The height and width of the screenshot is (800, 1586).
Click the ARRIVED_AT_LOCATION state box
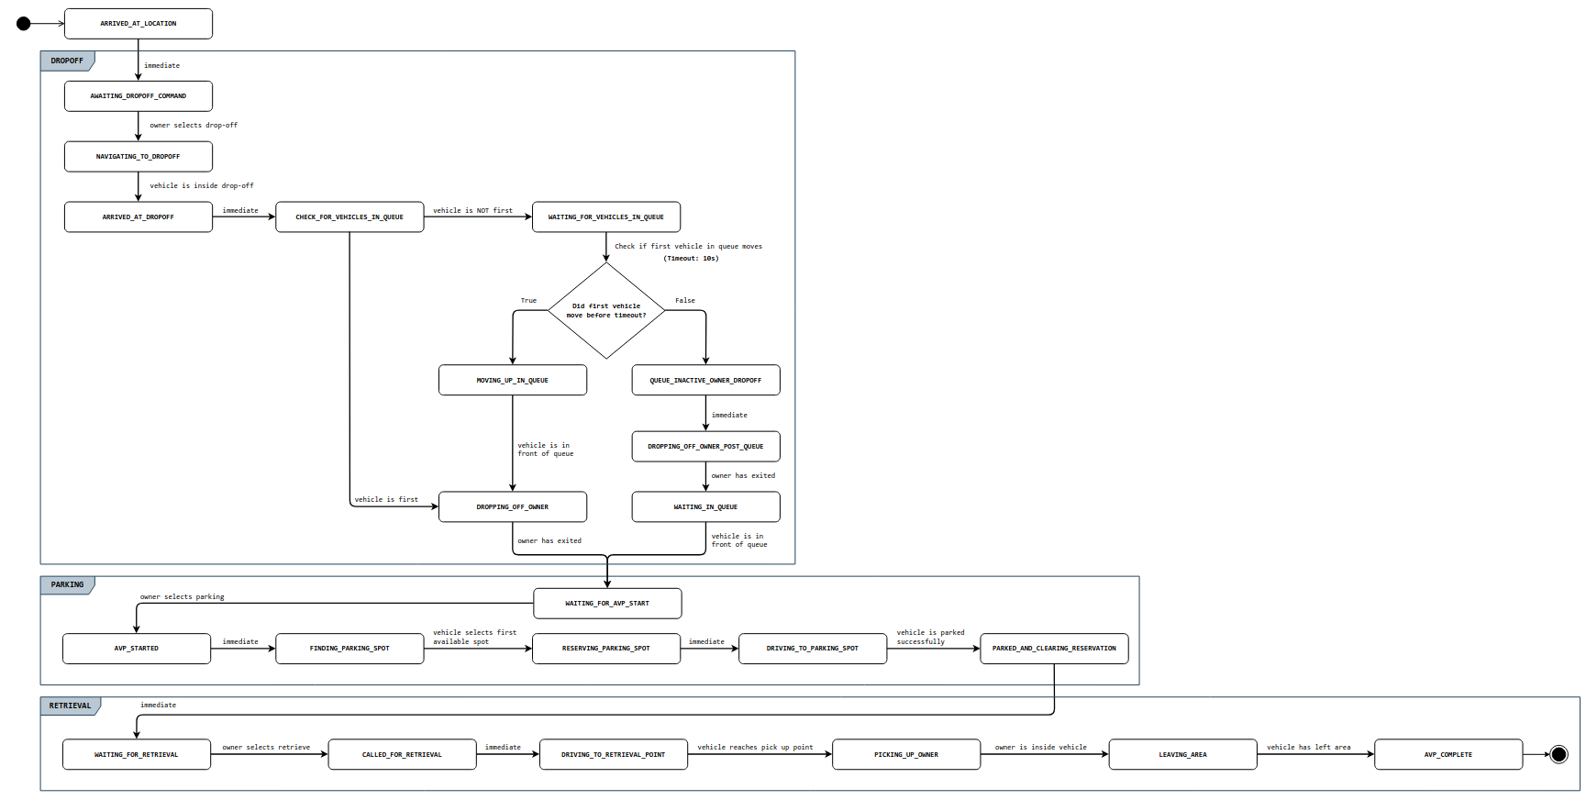point(138,24)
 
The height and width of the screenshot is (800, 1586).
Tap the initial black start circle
point(24,24)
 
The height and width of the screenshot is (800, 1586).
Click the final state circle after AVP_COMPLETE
point(1558,754)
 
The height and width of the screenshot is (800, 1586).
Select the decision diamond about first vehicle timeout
point(606,311)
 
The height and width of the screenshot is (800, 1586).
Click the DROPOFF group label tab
point(67,61)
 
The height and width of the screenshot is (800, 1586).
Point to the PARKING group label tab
point(67,584)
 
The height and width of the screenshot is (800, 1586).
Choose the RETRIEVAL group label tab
point(70,706)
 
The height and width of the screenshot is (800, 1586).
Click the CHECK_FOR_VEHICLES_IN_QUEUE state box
point(349,217)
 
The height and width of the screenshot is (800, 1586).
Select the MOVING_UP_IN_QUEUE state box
point(512,380)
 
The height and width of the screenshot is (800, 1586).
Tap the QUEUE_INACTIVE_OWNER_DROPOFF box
point(705,380)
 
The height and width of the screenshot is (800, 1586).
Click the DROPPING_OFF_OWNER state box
point(512,506)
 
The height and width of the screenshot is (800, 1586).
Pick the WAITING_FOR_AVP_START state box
point(607,604)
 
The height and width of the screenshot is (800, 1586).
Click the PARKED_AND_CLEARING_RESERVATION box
point(1054,649)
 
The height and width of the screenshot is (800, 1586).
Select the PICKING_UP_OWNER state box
point(905,754)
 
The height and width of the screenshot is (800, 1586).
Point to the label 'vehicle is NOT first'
point(472,211)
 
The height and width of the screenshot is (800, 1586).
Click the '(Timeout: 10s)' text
point(691,259)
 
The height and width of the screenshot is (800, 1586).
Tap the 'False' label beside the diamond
point(685,301)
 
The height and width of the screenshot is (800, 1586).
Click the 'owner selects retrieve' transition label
point(266,748)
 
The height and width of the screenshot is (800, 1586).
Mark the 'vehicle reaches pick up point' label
point(755,748)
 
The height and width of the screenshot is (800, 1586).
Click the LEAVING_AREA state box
point(1182,754)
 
